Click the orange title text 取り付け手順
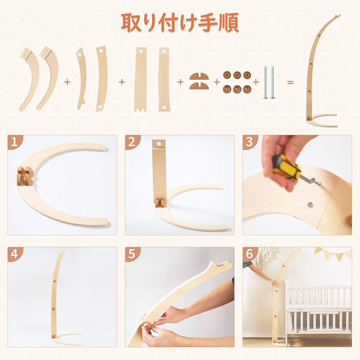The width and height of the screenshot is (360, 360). [x=180, y=23]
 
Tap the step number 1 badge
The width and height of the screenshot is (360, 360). [x=14, y=142]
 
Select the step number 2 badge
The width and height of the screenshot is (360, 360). [x=132, y=142]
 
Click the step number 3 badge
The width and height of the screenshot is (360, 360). [x=250, y=142]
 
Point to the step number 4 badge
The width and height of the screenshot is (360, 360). [x=14, y=254]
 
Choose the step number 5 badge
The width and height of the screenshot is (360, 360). [x=132, y=254]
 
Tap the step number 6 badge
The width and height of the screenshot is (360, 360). [x=250, y=254]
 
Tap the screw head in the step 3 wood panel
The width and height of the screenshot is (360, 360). [x=311, y=205]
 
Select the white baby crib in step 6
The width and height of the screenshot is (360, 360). [x=318, y=310]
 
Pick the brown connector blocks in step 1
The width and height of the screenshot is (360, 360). [x=25, y=176]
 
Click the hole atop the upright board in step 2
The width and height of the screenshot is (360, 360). [x=159, y=143]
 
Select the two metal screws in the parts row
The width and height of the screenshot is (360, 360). [x=269, y=82]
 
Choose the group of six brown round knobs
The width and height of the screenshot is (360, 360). [x=237, y=82]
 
